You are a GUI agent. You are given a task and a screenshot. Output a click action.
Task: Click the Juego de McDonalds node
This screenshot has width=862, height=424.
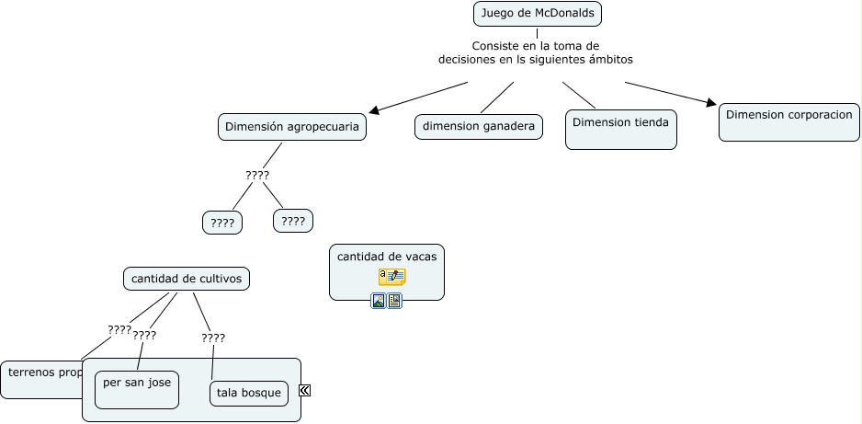tap(538, 14)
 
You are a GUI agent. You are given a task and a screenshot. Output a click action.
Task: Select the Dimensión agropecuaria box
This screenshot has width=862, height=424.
tap(291, 127)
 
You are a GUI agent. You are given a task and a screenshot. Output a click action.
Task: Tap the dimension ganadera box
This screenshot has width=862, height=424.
tap(479, 127)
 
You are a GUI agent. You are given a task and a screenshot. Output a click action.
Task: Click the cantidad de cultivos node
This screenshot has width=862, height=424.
tap(186, 279)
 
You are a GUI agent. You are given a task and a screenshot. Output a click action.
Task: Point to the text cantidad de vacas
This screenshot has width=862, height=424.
tap(386, 257)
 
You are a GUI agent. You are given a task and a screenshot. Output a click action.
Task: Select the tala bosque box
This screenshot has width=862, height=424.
tap(249, 394)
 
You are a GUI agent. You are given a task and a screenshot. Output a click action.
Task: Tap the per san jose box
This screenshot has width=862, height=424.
tap(136, 383)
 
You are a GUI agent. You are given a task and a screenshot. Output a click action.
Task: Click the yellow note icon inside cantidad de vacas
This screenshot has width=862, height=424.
tap(391, 277)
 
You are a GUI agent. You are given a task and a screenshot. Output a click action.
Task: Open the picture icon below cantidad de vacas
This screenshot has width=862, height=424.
tap(378, 301)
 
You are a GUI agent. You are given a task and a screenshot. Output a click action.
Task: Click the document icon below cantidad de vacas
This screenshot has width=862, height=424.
tap(394, 301)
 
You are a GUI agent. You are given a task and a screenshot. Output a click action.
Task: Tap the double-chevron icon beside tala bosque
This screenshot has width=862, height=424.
tap(305, 390)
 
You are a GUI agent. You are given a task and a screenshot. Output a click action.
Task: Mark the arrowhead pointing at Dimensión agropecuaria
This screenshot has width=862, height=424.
tap(369, 109)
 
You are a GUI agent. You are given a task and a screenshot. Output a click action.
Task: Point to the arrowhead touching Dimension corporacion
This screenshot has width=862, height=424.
tap(710, 103)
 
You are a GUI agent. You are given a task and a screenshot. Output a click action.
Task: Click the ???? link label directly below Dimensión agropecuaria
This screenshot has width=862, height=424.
tap(257, 176)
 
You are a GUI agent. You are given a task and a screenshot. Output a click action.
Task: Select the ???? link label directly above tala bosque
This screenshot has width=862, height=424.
tap(213, 338)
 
